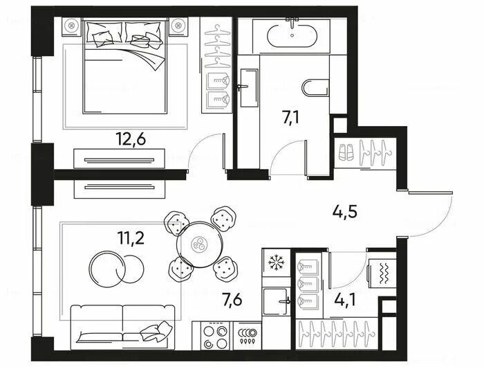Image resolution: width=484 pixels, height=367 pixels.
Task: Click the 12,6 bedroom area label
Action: (x=131, y=138)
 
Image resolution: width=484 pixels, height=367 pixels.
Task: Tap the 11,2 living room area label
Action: (x=131, y=238)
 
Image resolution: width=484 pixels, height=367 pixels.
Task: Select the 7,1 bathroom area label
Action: (x=290, y=118)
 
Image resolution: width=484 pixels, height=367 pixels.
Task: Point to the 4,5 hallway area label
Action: (x=344, y=212)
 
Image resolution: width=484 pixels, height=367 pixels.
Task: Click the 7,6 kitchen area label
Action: (x=232, y=300)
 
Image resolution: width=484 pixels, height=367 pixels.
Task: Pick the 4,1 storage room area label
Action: (x=345, y=300)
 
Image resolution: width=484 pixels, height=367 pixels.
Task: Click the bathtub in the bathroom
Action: (x=292, y=36)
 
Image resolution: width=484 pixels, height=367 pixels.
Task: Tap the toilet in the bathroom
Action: (x=315, y=88)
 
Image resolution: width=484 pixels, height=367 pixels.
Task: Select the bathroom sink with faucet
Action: (x=249, y=87)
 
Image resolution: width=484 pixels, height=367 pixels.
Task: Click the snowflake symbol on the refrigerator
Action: (x=277, y=262)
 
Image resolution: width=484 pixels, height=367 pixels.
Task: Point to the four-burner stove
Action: (x=216, y=336)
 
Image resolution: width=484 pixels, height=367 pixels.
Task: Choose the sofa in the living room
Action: (x=122, y=327)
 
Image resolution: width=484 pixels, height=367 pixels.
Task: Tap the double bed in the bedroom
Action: (x=124, y=66)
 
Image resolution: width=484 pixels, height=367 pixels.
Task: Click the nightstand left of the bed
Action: (x=73, y=26)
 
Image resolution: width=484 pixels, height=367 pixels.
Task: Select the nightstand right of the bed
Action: (x=178, y=26)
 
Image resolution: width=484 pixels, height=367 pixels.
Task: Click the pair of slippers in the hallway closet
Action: (x=346, y=152)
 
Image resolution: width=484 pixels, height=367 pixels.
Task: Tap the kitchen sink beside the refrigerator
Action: (x=276, y=301)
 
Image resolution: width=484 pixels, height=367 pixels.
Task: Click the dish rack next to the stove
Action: (x=247, y=336)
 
